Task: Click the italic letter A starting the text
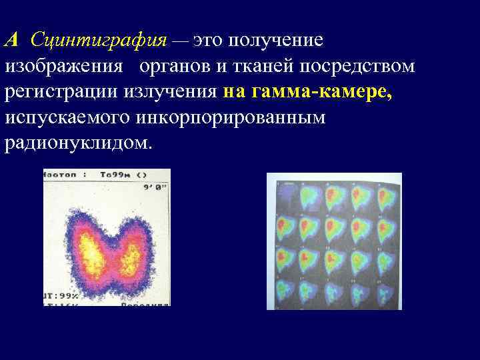12,40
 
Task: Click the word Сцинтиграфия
98,41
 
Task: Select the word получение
276,41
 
